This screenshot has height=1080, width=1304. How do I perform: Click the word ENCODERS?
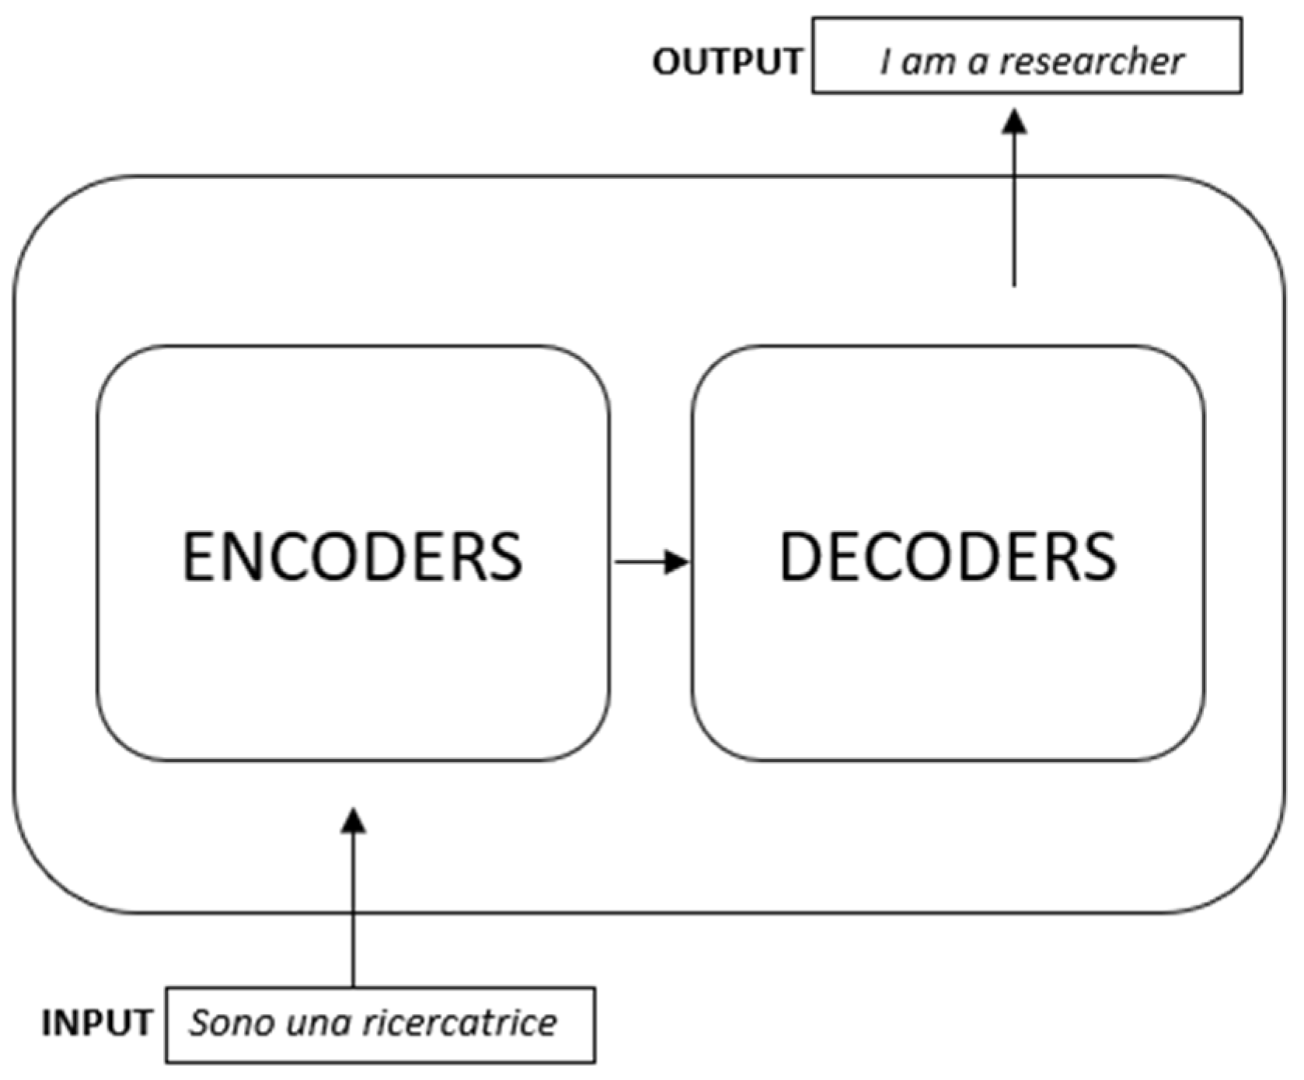tap(352, 557)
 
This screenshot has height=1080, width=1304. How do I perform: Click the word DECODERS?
tap(947, 557)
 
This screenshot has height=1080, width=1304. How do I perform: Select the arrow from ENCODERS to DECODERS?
tap(651, 561)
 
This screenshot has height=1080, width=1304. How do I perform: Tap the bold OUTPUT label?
tap(727, 61)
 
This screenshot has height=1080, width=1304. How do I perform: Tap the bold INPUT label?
tap(97, 1023)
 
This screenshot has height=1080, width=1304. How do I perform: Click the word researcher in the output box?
tap(1091, 61)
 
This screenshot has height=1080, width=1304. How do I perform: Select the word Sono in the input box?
tap(231, 1023)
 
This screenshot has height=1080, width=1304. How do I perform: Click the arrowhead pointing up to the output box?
tap(1014, 121)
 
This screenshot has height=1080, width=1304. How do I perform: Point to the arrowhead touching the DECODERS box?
tap(677, 561)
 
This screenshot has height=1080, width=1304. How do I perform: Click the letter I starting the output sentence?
tap(885, 61)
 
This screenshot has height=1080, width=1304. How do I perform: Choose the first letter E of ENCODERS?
tap(197, 557)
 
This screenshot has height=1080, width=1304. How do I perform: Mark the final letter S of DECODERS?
tap(1101, 557)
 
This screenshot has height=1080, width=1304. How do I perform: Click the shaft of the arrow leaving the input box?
tap(354, 917)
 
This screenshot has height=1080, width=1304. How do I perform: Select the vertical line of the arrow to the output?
tap(1014, 218)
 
